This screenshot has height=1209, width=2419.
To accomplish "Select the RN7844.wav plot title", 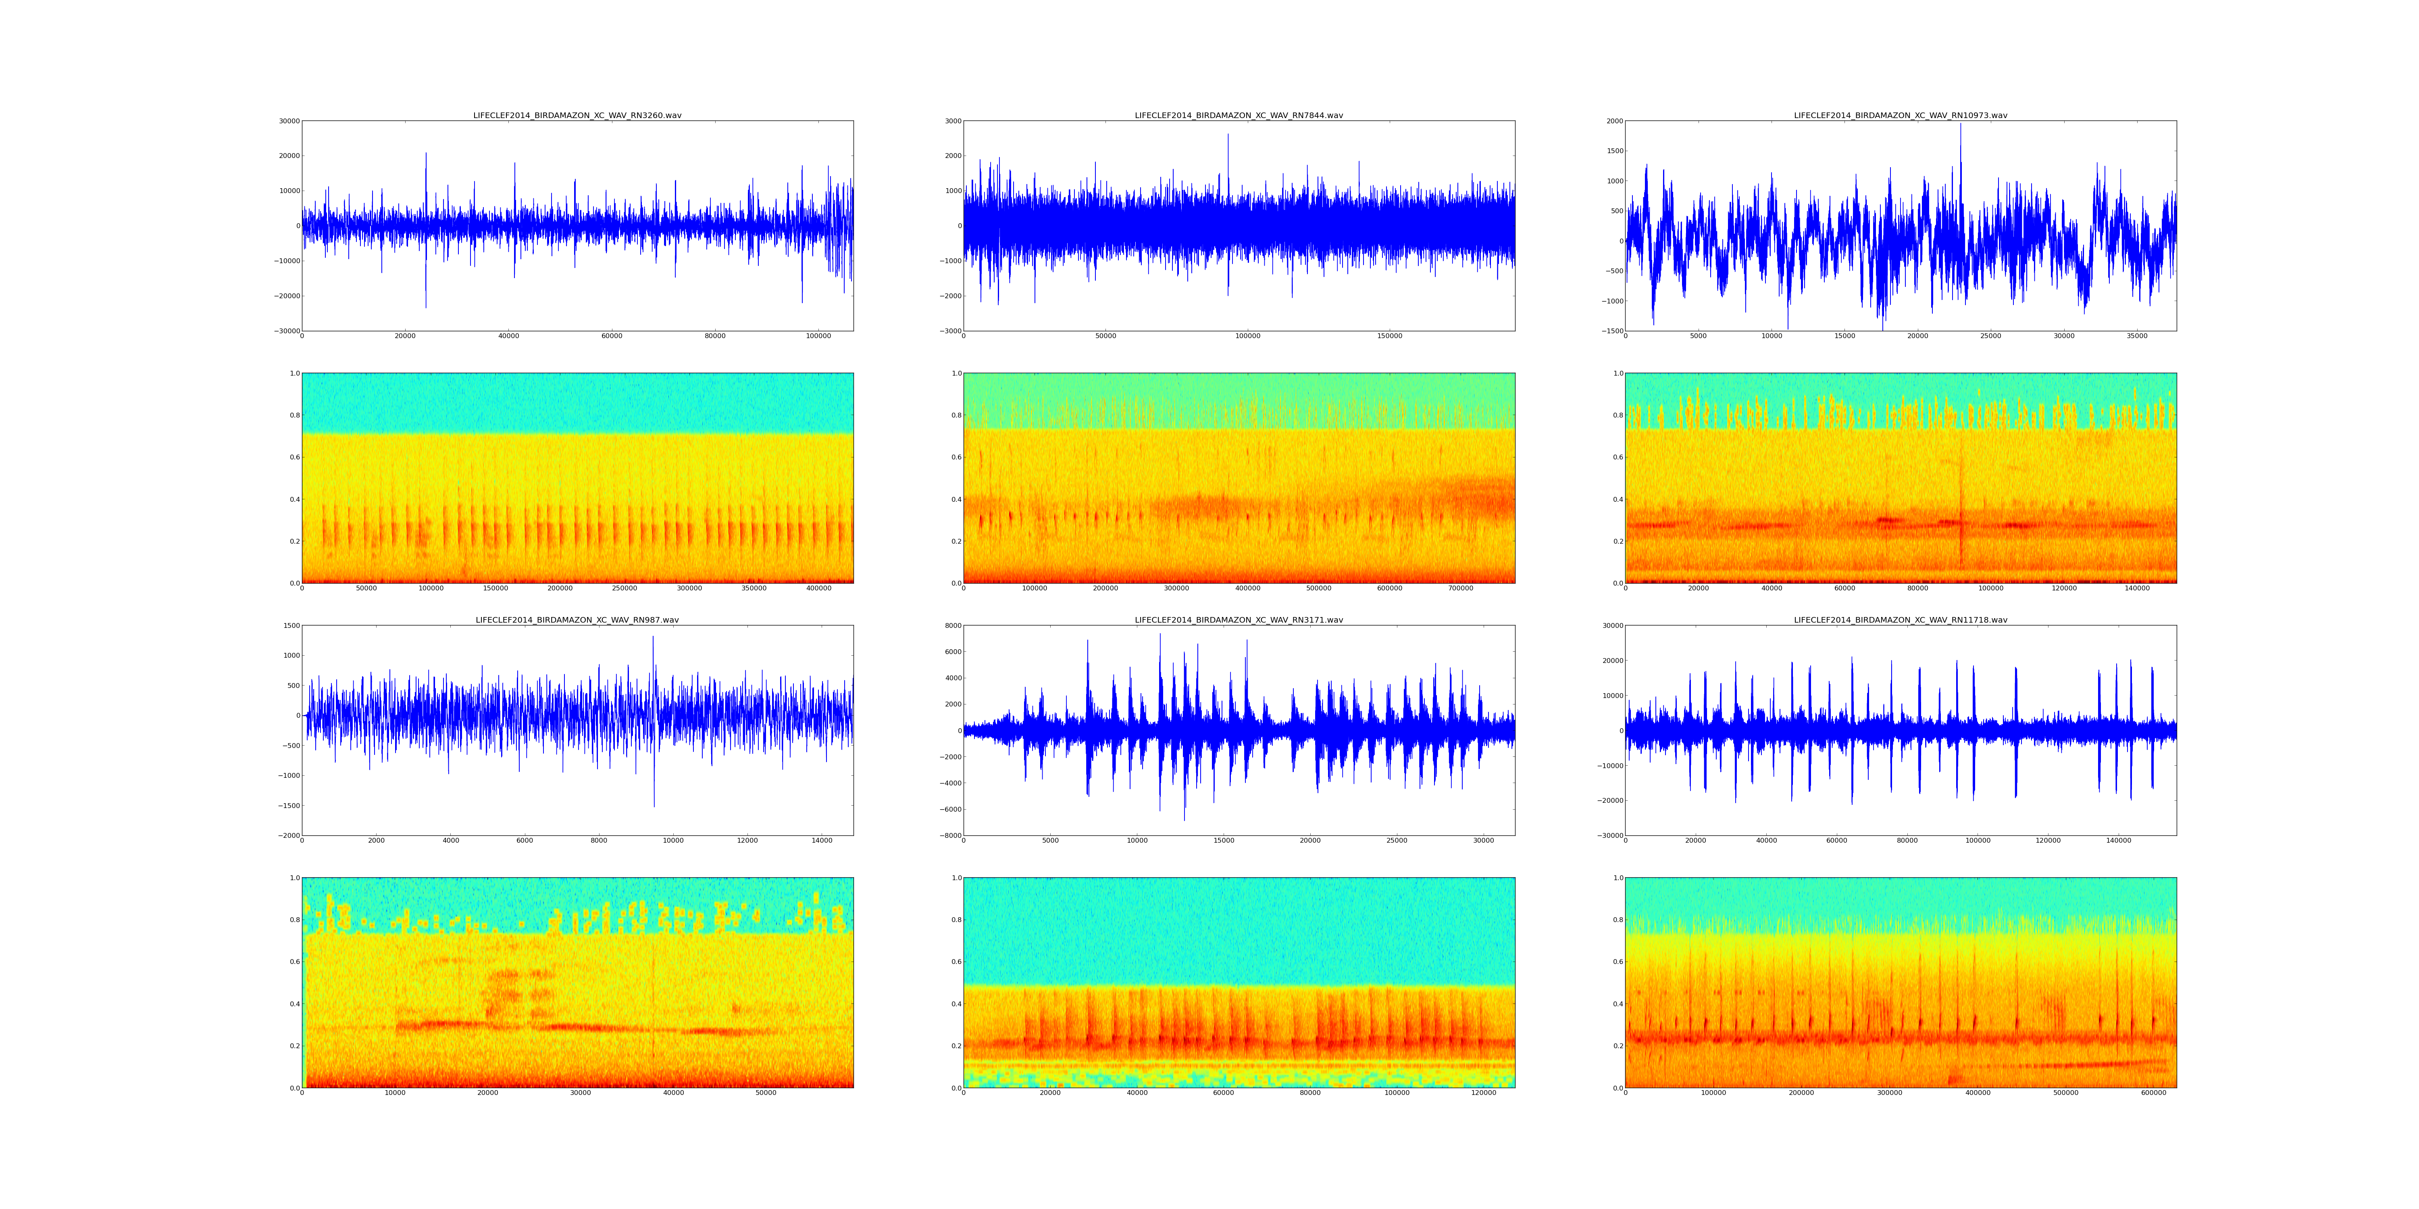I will tap(1239, 115).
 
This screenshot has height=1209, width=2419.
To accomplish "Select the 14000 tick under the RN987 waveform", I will tap(822, 840).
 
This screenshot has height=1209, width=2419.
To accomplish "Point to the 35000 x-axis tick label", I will tap(2136, 336).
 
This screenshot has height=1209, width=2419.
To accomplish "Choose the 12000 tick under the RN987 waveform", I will tap(747, 840).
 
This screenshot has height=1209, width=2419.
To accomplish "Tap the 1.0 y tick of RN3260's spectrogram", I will tap(294, 374).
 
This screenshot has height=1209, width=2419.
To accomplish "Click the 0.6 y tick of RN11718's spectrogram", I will tap(1617, 962).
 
